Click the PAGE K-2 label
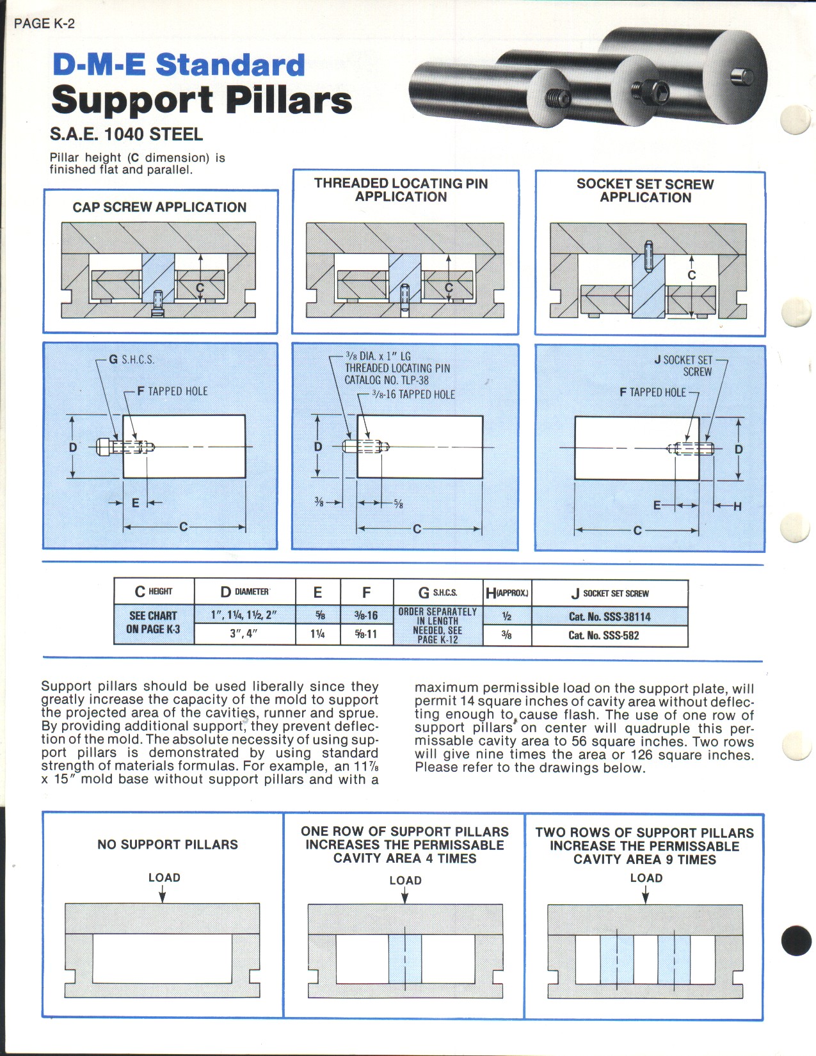(44, 24)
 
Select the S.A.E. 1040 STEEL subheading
(126, 134)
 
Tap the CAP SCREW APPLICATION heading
(159, 207)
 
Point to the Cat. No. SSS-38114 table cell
(609, 617)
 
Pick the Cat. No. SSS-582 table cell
(604, 636)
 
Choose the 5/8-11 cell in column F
(366, 634)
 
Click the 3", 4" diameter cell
(244, 634)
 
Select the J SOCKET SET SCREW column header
(610, 593)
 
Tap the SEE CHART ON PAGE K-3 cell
(153, 623)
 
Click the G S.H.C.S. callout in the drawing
(131, 360)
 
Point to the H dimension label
(737, 506)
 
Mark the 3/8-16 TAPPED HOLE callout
(413, 395)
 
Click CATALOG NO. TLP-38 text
(387, 380)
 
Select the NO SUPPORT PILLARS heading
(168, 845)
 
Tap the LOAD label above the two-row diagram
(646, 878)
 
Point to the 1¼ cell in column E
(317, 634)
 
